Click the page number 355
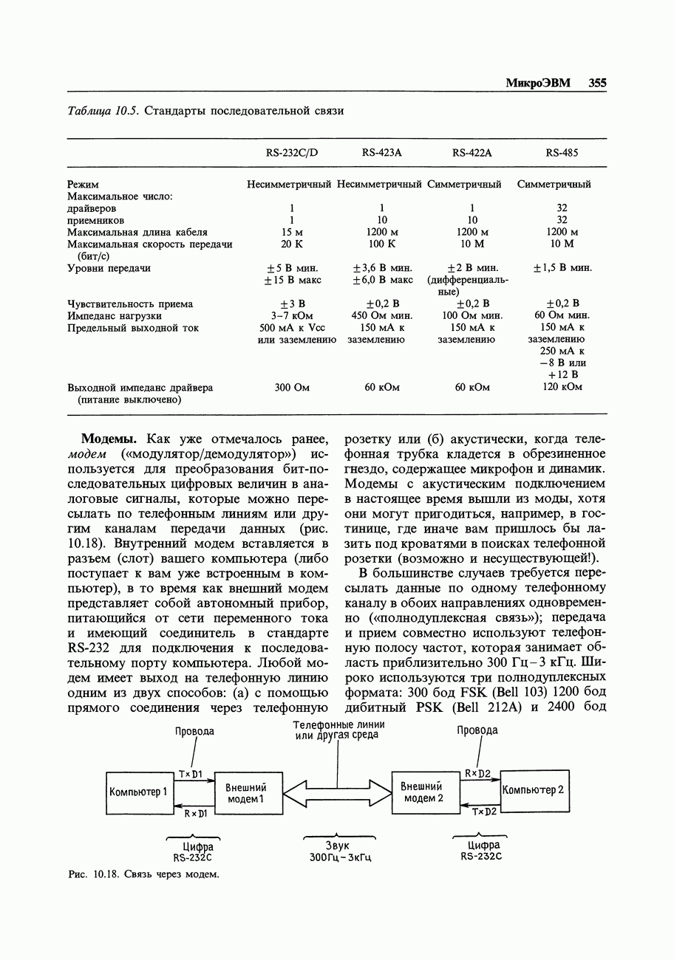click(597, 83)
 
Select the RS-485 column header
click(562, 153)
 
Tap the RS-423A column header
click(381, 153)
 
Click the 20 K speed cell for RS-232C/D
click(292, 244)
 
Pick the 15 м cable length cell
click(292, 232)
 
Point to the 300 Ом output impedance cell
click(292, 387)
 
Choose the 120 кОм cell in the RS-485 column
click(562, 387)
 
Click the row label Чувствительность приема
click(130, 304)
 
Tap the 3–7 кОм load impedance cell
click(292, 316)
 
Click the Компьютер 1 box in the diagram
click(139, 793)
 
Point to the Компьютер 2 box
click(534, 790)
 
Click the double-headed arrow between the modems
click(337, 793)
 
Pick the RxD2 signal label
click(478, 773)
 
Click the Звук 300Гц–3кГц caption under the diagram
click(339, 851)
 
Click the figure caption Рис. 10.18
click(143, 874)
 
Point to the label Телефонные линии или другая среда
click(338, 730)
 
